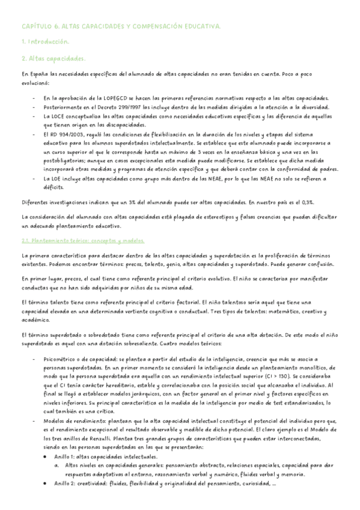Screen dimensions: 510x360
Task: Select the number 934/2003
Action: [72, 135]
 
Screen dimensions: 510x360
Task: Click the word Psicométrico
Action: [62, 359]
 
